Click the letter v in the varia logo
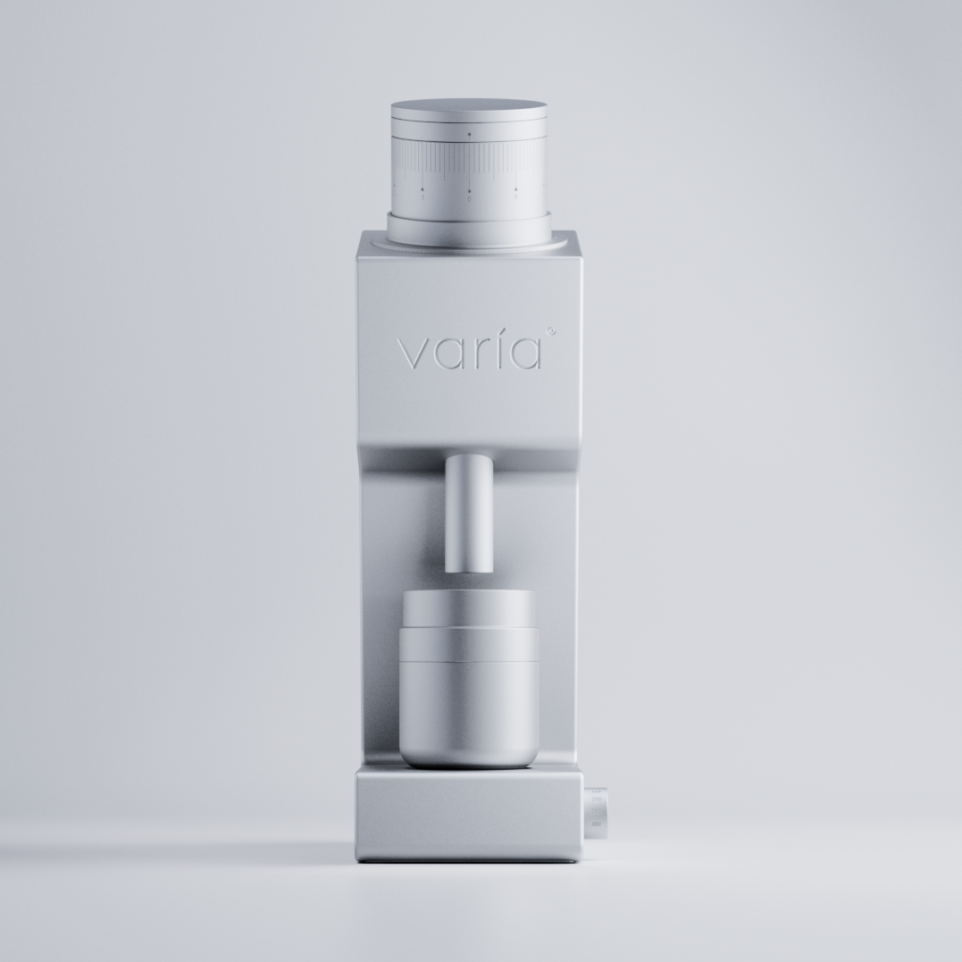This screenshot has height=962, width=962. (x=413, y=355)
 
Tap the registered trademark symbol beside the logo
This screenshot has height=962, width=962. (x=550, y=331)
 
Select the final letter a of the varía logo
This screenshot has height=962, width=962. (x=525, y=355)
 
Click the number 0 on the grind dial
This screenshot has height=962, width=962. (x=469, y=198)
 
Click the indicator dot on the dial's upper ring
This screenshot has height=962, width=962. (x=469, y=135)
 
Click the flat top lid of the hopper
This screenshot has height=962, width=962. (x=469, y=105)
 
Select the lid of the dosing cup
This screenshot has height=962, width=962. (x=469, y=612)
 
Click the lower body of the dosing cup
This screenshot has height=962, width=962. (x=469, y=715)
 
